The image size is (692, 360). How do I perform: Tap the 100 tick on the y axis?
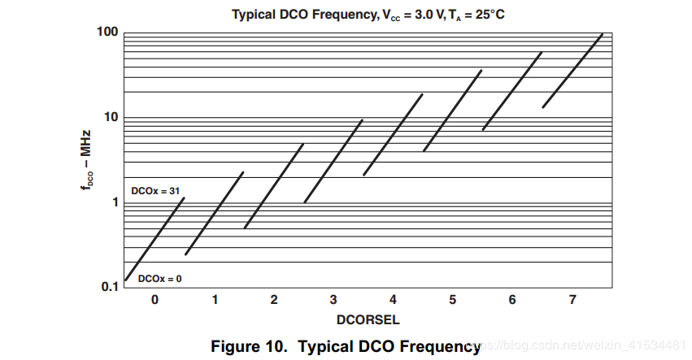tap(109, 33)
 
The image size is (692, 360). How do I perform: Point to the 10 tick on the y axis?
tap(111, 117)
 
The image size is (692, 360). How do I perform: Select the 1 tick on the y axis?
tap(115, 202)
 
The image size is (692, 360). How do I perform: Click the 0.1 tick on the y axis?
tap(110, 287)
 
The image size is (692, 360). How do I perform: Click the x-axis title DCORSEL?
tap(368, 318)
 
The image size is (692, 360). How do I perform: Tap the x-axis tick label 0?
tap(155, 301)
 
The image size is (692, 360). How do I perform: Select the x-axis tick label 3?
tap(333, 301)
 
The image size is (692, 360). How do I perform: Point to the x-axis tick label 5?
tap(452, 301)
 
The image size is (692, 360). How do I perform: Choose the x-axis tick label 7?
tap(572, 301)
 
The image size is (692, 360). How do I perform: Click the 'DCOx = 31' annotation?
tap(155, 190)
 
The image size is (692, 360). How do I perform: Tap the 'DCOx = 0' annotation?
tap(159, 279)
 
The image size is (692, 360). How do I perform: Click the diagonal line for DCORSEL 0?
tap(155, 239)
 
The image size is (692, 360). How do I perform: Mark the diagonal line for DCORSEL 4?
tap(393, 135)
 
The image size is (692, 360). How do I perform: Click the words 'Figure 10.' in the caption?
tap(250, 347)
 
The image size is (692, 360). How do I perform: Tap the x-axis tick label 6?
tap(512, 301)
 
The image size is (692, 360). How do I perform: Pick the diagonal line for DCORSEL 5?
tap(452, 111)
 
